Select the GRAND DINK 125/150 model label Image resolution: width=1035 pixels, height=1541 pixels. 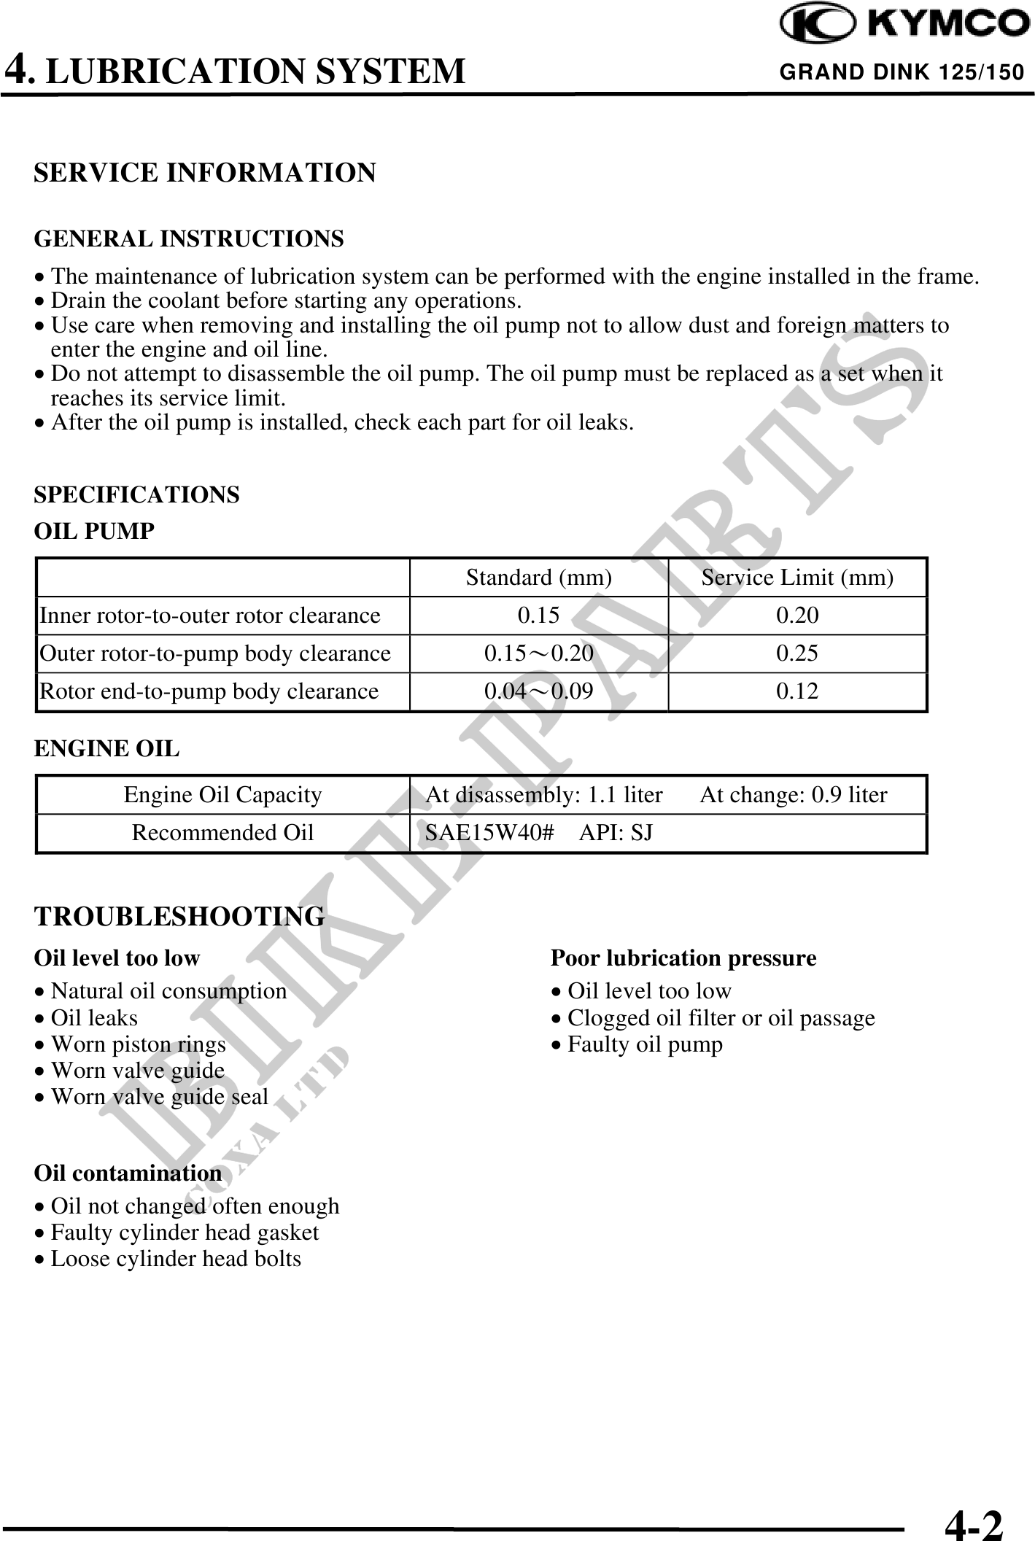(x=902, y=72)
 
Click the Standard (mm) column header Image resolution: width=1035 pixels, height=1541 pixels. (x=538, y=578)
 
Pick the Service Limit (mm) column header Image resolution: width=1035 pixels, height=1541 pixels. (x=797, y=578)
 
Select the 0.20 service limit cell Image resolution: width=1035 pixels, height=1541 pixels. (x=797, y=616)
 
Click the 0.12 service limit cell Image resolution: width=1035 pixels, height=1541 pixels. (x=797, y=691)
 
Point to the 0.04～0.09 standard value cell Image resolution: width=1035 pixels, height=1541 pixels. (x=538, y=691)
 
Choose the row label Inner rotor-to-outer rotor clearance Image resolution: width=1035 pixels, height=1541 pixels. (x=210, y=616)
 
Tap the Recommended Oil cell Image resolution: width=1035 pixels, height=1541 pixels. (x=222, y=833)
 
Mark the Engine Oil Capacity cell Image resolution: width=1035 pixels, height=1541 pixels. (x=222, y=795)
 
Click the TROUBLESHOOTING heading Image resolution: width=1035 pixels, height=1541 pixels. (x=179, y=917)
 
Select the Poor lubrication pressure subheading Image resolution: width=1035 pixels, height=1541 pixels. (x=683, y=958)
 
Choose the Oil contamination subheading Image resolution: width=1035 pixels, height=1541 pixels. (x=128, y=1173)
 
